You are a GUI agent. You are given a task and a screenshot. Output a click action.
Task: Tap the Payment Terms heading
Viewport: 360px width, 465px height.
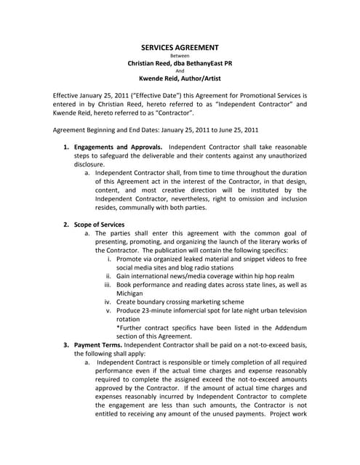[x=97, y=344]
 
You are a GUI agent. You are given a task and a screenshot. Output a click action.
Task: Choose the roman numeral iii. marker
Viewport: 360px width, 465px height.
[x=108, y=286]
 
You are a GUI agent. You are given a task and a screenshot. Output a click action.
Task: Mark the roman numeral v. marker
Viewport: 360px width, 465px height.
[x=109, y=310]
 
